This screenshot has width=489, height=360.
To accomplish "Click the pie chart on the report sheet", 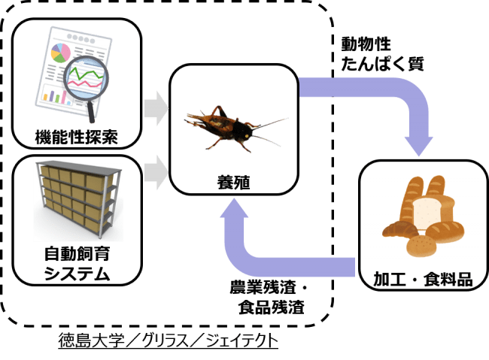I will pos(59,51).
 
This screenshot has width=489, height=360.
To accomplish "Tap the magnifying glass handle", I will pos(91,110).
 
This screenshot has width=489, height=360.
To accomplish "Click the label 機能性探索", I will pos(77,137).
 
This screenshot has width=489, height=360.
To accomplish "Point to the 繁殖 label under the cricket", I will pos(229,181).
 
